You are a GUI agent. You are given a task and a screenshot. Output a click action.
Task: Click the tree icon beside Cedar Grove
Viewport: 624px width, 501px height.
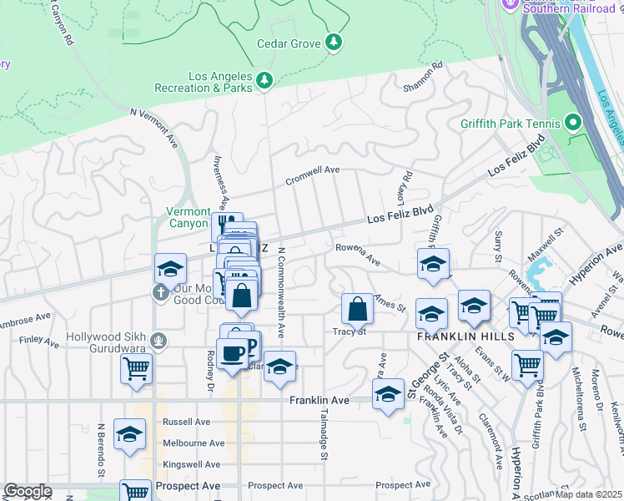[x=334, y=42]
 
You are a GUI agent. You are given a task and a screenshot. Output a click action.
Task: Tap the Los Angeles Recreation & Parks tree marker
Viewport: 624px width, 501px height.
[x=264, y=80]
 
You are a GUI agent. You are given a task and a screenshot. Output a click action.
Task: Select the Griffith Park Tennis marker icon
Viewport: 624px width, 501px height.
[x=573, y=123]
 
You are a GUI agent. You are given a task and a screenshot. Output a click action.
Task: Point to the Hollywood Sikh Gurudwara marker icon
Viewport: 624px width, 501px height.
[x=160, y=341]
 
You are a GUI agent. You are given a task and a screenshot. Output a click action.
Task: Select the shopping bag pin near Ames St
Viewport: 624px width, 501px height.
[x=357, y=309]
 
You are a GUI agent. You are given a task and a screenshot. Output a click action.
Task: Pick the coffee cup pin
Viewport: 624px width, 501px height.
[x=231, y=352]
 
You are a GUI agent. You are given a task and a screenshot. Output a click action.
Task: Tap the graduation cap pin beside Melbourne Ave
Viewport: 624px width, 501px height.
[x=129, y=434]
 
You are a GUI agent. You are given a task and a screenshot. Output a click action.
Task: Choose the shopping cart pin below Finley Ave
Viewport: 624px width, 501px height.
[x=136, y=367]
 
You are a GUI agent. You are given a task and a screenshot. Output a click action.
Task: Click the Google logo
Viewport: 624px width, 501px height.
[x=28, y=491]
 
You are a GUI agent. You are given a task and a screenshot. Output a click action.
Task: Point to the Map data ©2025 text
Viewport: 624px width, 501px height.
[x=588, y=493]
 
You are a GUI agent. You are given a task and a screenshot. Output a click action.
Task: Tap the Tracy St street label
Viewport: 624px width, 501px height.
[x=350, y=331]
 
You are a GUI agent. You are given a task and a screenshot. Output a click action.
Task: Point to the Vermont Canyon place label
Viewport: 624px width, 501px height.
[x=188, y=218]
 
